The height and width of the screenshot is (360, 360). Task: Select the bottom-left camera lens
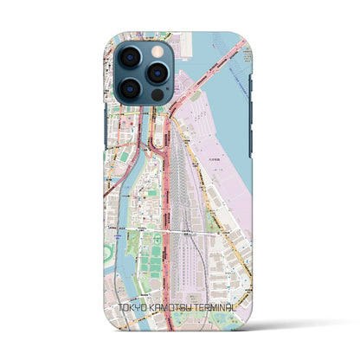tap(130, 89)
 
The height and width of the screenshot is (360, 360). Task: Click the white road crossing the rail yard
tap(182, 230)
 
